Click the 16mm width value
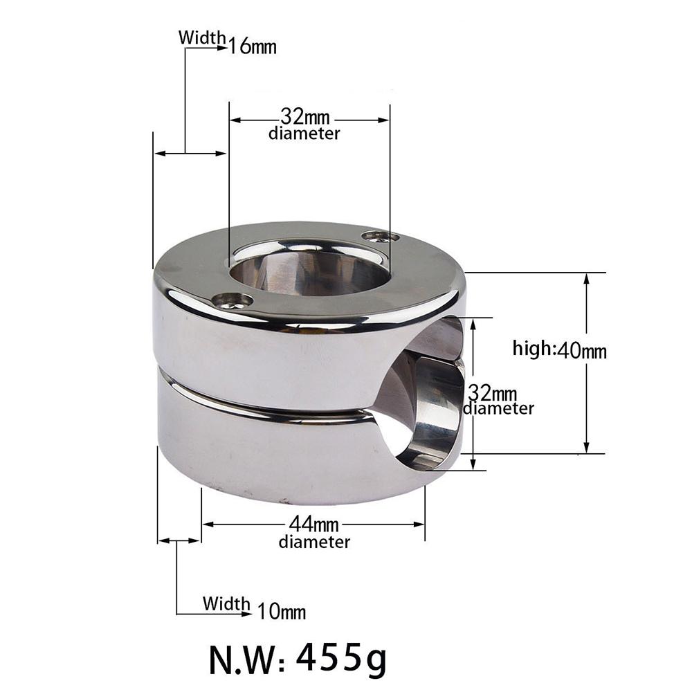tap(253, 47)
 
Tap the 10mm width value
tap(282, 612)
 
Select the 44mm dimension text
tap(315, 525)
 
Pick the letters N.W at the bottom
tap(246, 654)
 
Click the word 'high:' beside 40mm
tap(533, 348)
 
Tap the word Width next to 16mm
tap(202, 37)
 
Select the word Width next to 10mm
tap(226, 603)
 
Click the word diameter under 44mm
tap(314, 542)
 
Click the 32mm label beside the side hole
tap(493, 394)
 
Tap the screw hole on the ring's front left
tap(231, 300)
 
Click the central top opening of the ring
tap(308, 270)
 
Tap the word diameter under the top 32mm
tap(304, 134)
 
